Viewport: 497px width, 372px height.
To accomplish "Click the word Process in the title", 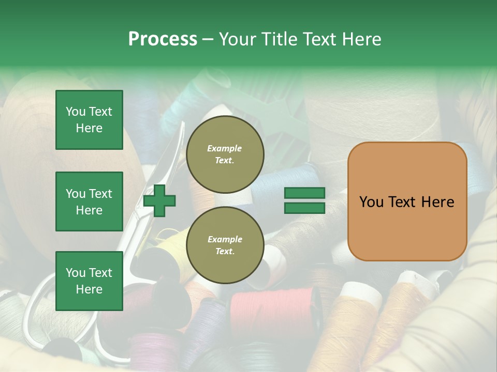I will point(163,39).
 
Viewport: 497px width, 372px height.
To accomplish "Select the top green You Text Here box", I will point(89,120).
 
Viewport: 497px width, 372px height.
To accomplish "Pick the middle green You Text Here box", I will point(89,202).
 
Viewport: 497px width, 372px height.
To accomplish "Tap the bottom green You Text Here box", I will point(89,281).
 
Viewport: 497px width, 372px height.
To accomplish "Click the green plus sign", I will point(159,200).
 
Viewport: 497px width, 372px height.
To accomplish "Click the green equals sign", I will point(304,200).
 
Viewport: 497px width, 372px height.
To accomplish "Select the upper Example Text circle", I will point(225,154).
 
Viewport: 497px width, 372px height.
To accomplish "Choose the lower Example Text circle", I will point(225,245).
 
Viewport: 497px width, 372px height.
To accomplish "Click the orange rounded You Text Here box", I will point(407,202).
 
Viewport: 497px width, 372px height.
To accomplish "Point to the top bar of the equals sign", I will point(304,193).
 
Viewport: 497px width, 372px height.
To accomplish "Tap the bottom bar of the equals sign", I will point(304,208).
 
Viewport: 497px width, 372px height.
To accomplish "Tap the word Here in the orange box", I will point(437,202).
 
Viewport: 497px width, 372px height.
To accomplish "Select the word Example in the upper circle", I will point(225,148).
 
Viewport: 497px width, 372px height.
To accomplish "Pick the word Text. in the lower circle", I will point(225,251).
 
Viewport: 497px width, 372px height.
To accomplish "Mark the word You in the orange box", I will point(371,202).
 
